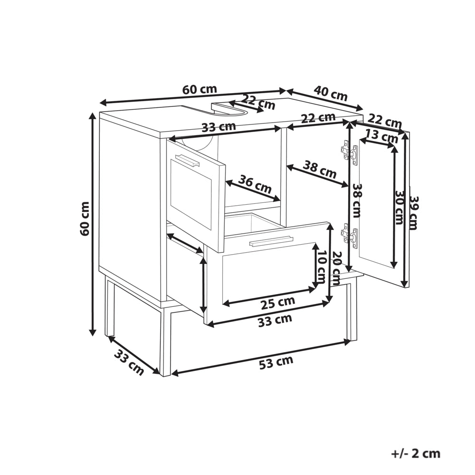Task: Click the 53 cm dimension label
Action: click(x=276, y=362)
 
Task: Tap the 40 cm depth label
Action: click(x=331, y=93)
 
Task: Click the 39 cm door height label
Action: click(x=414, y=213)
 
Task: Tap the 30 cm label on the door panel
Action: click(x=399, y=208)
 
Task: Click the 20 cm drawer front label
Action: click(x=336, y=268)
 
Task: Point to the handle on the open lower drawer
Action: click(x=271, y=240)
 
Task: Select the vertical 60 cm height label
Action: click(x=85, y=218)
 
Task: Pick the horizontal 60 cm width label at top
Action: click(x=200, y=89)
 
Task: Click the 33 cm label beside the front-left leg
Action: click(x=129, y=362)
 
